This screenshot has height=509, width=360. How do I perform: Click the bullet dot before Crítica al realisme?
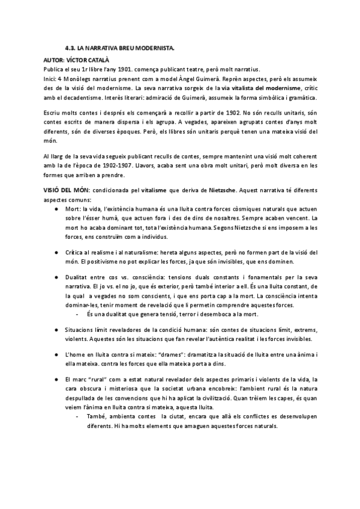pos(56,253)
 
